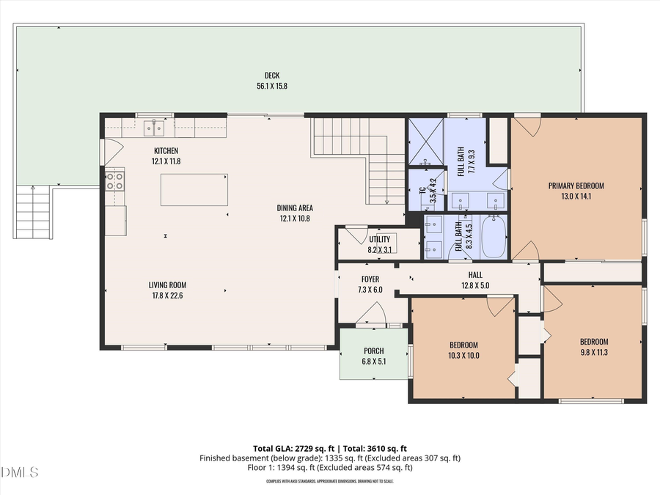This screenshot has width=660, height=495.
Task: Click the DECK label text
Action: point(272,75)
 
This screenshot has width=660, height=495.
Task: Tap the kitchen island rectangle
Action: point(194,189)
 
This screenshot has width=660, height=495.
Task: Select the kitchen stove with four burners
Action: point(115,180)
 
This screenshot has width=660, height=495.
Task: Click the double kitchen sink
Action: point(154,128)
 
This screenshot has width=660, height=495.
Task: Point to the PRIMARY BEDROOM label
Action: point(576,186)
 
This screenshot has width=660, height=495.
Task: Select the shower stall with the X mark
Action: point(426,142)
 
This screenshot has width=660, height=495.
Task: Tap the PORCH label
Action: point(374,351)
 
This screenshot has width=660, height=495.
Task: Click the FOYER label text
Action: point(370,279)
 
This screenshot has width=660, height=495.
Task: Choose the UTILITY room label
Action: point(379,240)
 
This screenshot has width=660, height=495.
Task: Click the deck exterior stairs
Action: point(33,212)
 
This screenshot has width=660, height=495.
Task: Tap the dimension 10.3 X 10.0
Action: point(463,356)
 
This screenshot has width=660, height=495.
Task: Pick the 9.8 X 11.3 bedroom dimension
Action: point(594,351)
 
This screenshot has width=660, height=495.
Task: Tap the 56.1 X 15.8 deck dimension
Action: point(272,86)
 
